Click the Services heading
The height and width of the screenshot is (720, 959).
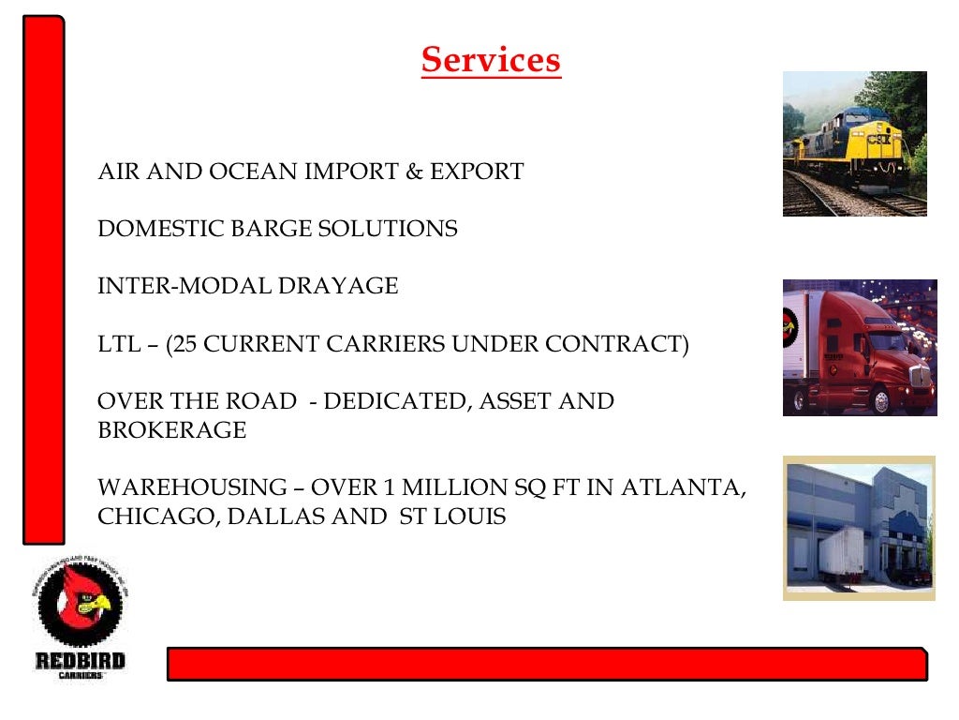[491, 60]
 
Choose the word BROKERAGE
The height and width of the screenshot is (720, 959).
[172, 430]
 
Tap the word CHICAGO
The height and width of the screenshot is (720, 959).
[153, 517]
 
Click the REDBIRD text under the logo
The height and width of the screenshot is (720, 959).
[81, 660]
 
